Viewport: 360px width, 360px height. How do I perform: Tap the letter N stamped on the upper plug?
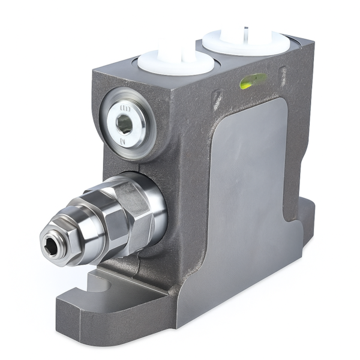click(x=123, y=141)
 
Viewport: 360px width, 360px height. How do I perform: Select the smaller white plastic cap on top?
click(x=175, y=61)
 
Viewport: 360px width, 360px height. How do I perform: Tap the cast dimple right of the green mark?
click(x=283, y=75)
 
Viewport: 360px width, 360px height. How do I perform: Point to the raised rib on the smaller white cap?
click(x=180, y=56)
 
